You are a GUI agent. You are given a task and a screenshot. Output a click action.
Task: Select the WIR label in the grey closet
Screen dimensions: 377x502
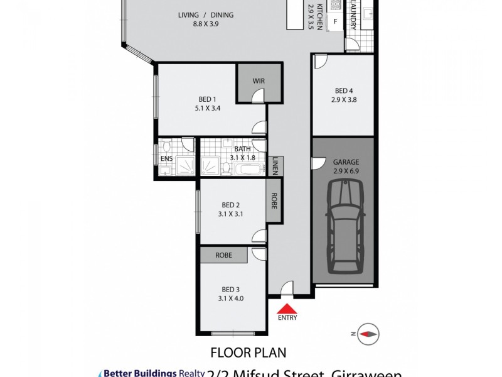coord(259,81)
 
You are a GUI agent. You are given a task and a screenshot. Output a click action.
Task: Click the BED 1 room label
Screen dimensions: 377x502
coord(208,99)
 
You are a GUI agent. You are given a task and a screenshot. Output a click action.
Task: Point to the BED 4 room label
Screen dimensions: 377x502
coord(343,90)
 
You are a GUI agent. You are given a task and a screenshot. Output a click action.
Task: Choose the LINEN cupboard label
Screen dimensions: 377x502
coord(276,167)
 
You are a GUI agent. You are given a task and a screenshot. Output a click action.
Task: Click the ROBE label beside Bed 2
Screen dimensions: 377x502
coord(275,200)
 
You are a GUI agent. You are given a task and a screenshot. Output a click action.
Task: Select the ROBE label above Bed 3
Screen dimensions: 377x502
coord(224,256)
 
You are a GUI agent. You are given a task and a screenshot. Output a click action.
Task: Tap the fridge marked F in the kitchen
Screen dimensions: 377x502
coord(336,21)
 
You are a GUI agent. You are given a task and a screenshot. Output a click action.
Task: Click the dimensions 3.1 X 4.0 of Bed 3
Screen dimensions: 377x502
coord(231,298)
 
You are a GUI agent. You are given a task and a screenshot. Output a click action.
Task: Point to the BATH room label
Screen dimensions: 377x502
coord(242,149)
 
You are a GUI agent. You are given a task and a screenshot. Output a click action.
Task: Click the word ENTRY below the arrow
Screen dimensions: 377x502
coord(287,318)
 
